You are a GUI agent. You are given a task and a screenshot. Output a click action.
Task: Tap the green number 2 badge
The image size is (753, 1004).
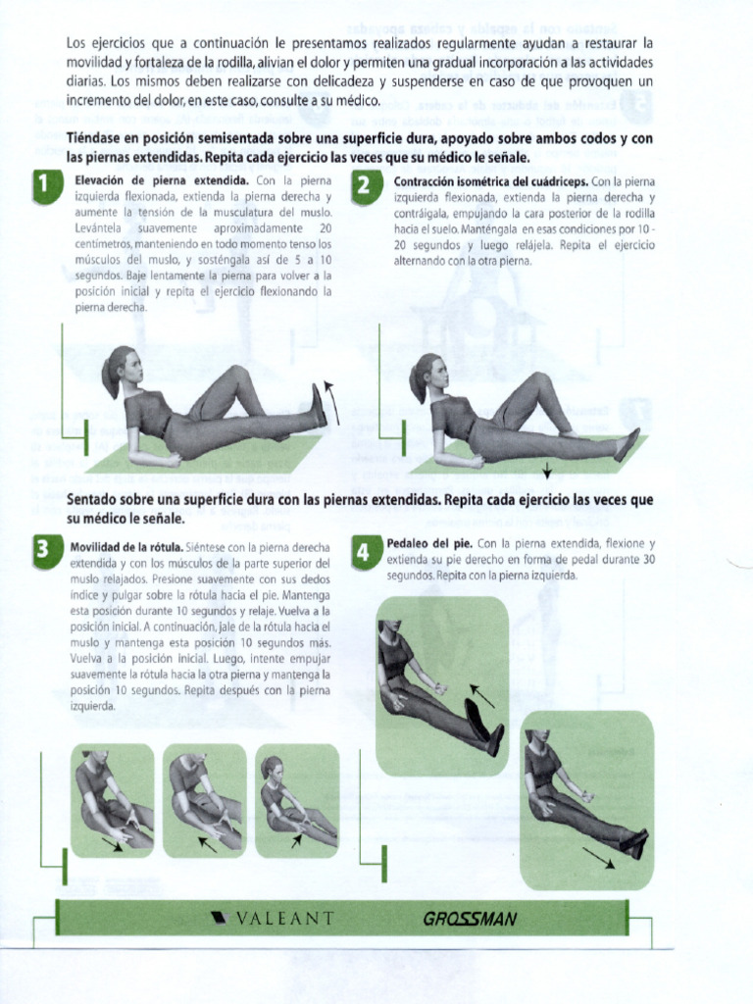click(364, 186)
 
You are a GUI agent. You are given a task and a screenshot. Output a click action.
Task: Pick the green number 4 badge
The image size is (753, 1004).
click(363, 554)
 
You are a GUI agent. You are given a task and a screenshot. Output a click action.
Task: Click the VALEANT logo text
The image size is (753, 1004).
click(272, 919)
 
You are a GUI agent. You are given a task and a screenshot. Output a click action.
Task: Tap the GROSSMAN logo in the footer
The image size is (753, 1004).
click(470, 919)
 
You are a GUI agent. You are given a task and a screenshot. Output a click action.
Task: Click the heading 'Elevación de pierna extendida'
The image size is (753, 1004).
click(162, 181)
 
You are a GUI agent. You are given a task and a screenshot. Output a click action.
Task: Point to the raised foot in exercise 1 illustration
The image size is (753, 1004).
click(319, 404)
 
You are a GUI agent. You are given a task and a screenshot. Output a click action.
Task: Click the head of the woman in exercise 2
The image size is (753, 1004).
click(430, 372)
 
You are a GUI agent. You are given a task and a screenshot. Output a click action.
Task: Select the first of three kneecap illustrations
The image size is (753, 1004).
click(112, 800)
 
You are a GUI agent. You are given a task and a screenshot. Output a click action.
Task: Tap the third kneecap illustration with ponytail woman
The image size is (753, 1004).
click(296, 800)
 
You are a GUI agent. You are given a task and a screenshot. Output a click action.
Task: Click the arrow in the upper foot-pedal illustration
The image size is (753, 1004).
click(479, 696)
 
